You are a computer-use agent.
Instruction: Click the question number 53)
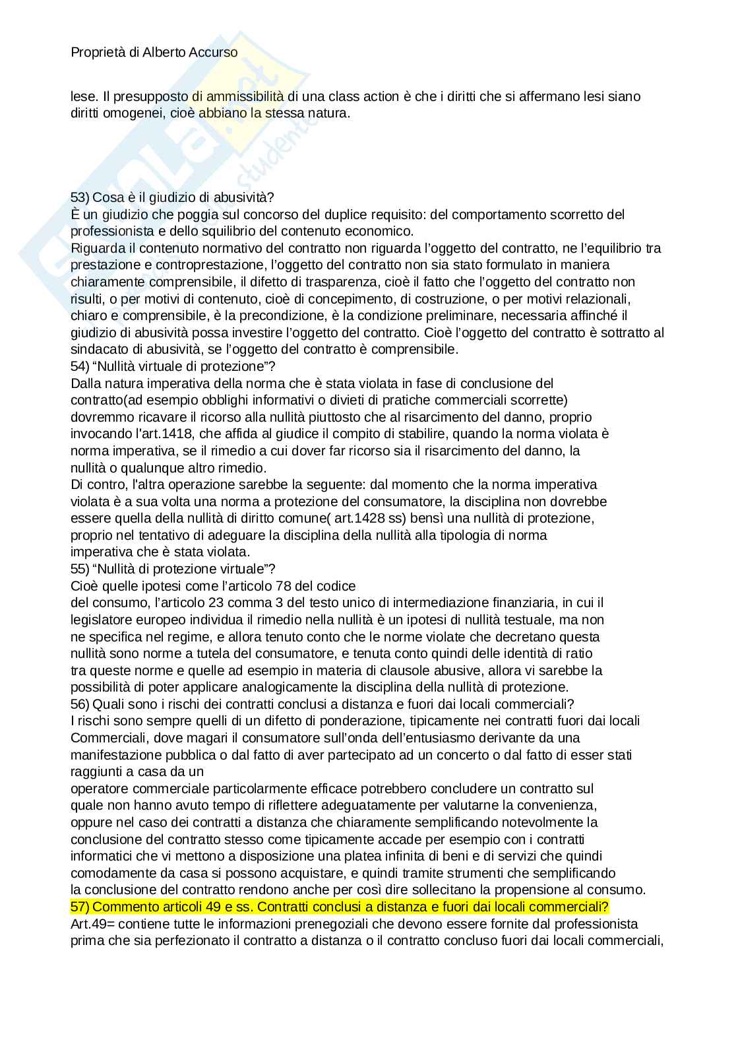point(80,197)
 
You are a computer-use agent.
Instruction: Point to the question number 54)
point(80,366)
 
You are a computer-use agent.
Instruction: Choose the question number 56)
point(80,703)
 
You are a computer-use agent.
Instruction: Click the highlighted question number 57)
point(80,906)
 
